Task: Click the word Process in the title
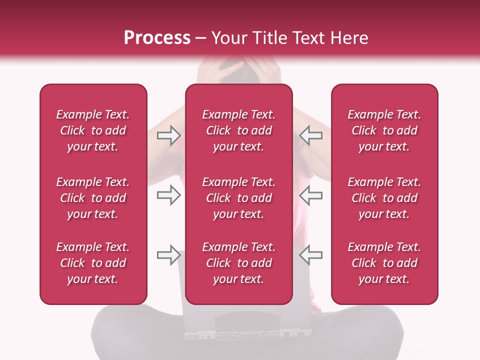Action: coord(157,38)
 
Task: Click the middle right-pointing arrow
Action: coord(168,195)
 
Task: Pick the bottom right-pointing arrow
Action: coord(168,255)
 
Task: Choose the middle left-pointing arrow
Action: coord(310,195)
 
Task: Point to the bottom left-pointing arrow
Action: coord(310,255)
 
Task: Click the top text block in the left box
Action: coord(93,130)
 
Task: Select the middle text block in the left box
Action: coord(93,198)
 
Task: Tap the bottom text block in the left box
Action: coord(93,263)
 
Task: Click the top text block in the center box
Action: coord(239,130)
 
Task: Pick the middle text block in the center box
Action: coord(239,198)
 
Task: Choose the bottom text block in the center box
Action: coord(239,263)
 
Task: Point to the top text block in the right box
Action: coord(384,130)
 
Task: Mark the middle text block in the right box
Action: coord(384,198)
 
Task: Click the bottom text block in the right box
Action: coord(384,263)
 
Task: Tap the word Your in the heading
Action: coord(228,38)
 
